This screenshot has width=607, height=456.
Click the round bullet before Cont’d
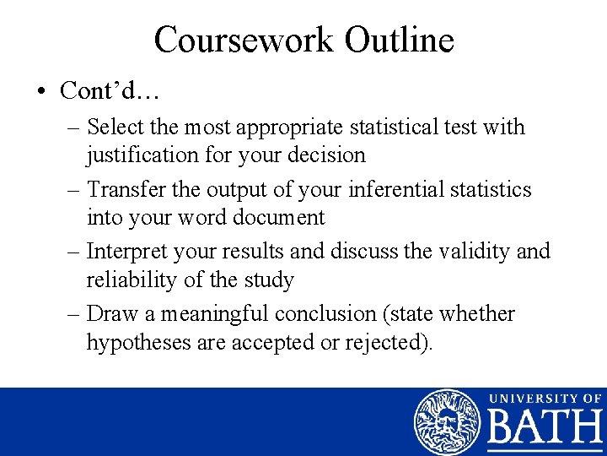point(41,90)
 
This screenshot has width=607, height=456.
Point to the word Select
point(115,128)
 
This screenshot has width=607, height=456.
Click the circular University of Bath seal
point(447,422)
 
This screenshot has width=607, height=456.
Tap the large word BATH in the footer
point(545,431)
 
